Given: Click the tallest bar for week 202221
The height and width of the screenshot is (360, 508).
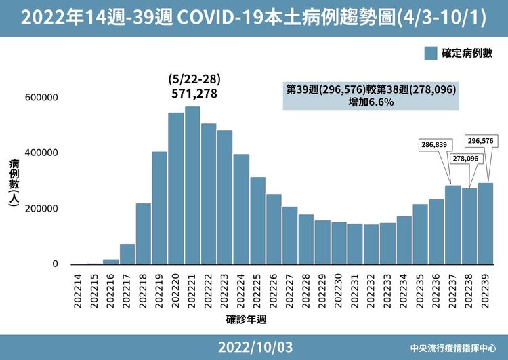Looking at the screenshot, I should pos(192,186).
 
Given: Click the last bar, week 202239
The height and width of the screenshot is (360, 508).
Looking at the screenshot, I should pos(486,224).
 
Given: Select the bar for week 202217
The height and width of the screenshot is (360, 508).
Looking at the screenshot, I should pos(127,254).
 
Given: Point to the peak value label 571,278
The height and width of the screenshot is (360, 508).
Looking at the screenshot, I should pos(194,94).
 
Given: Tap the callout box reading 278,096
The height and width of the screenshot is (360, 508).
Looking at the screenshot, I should pos(464,158).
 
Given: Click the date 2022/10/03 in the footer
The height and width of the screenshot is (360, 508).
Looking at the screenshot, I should pos(255,347).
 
